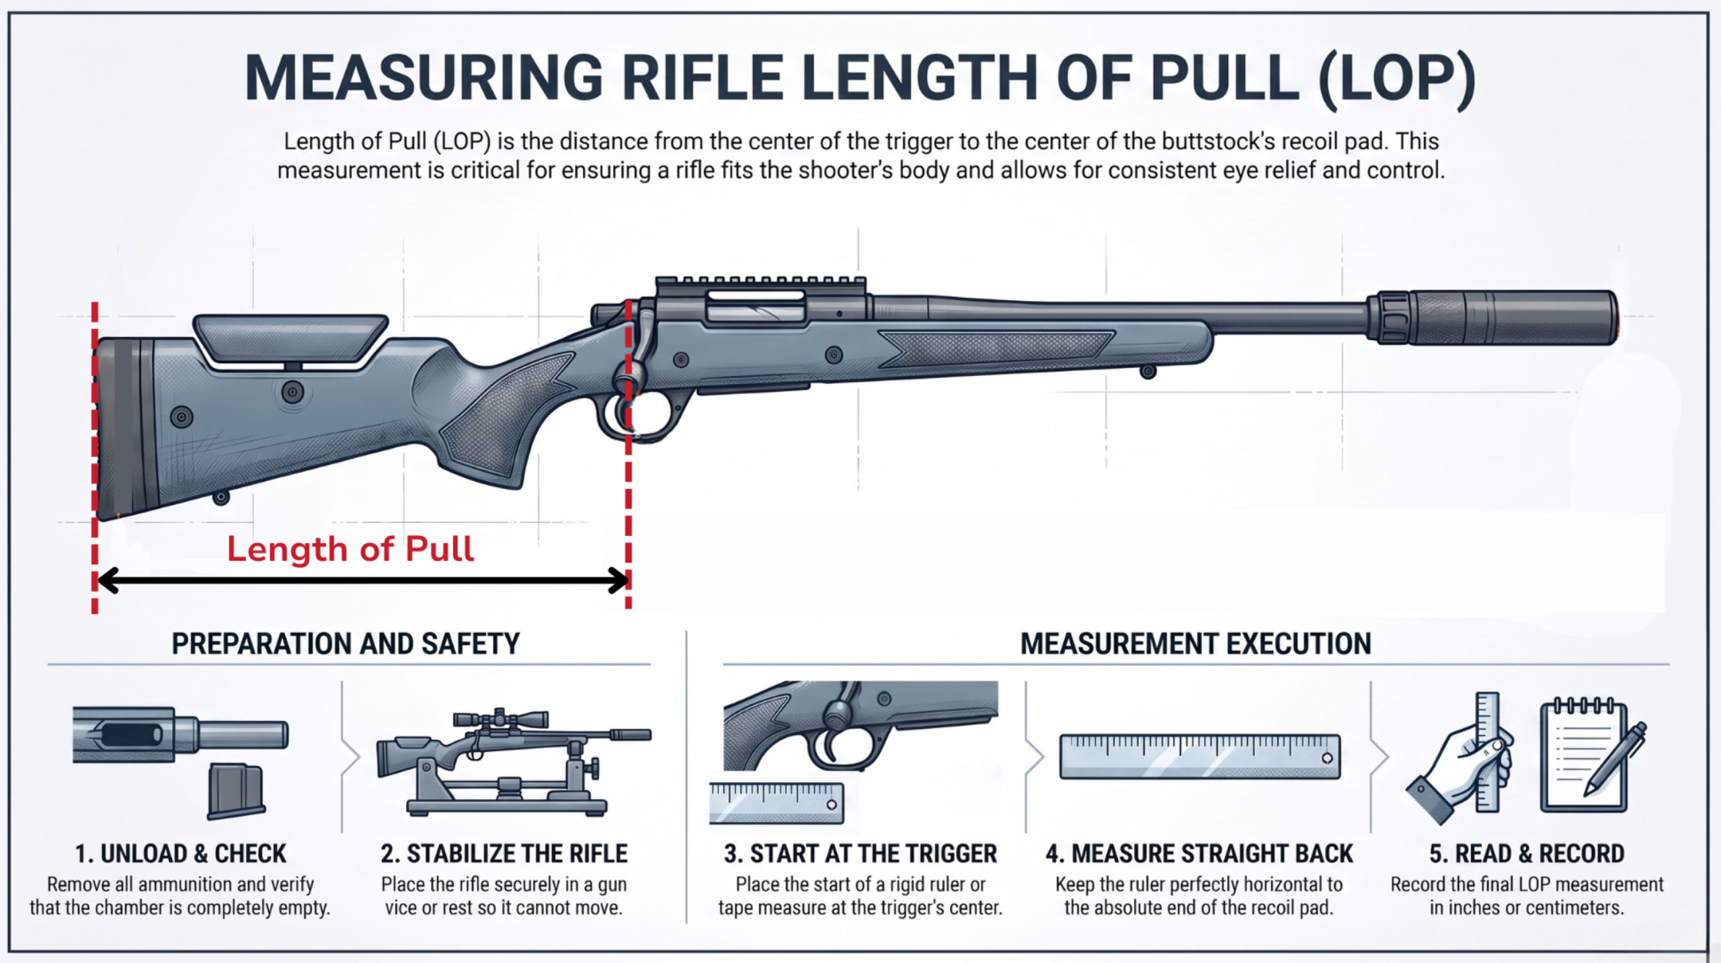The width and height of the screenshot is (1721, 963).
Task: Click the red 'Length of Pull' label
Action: (x=350, y=549)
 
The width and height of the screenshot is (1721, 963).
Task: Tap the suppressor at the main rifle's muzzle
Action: (x=1492, y=317)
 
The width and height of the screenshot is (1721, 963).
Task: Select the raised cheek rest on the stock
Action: (x=290, y=336)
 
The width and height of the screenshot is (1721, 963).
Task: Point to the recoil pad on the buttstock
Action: (x=118, y=429)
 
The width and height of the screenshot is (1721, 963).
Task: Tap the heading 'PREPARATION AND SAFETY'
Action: (x=346, y=644)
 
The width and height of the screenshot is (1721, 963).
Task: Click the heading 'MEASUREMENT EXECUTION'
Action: (x=1196, y=644)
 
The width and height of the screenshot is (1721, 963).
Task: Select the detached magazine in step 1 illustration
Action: (x=235, y=791)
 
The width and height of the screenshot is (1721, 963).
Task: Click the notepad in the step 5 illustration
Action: (x=1584, y=757)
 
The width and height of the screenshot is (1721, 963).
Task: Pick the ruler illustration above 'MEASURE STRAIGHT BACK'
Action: (x=1200, y=757)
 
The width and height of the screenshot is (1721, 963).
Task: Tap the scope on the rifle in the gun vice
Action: (x=501, y=719)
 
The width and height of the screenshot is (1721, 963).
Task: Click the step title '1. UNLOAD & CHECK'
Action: (x=180, y=853)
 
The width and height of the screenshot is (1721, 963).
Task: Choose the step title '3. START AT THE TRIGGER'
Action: (x=860, y=853)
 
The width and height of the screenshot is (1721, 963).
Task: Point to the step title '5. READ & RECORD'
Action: (x=1527, y=853)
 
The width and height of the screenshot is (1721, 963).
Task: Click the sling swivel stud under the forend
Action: (x=1148, y=371)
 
